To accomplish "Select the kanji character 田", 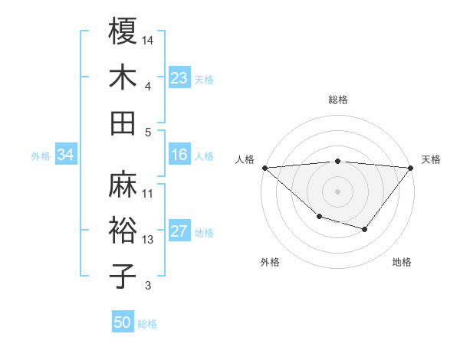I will tap(123, 123).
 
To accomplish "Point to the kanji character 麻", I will tap(123, 185).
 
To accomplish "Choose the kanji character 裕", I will tap(123, 231).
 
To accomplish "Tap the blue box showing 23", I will tap(179, 78).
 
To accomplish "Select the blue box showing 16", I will tap(179, 155).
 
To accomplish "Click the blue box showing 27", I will tap(179, 232).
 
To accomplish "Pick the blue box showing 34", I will tap(66, 155).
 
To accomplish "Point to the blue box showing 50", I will tap(123, 322).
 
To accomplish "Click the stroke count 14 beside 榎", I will tap(149, 39).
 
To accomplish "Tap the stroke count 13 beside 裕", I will tap(149, 240).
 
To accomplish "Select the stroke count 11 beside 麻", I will tap(149, 193).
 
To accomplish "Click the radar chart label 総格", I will tap(338, 100).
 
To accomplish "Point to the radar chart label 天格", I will tap(432, 159).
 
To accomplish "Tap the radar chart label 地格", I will tap(402, 262).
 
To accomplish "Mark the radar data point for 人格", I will tap(264, 168).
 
